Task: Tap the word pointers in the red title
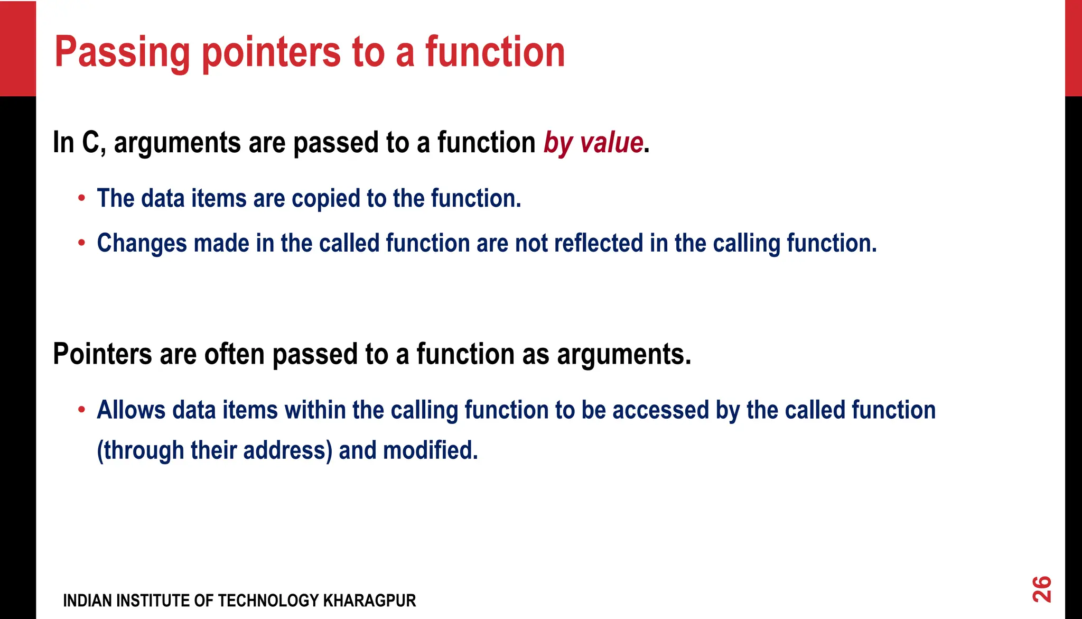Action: point(271,53)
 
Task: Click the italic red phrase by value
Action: point(593,143)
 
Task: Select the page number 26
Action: point(1042,589)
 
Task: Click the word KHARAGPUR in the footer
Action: point(369,601)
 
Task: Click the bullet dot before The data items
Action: point(81,199)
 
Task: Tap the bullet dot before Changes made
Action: point(81,243)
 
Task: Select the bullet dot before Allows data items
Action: point(81,410)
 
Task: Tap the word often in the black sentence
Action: point(234,354)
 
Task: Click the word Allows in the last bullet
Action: point(131,410)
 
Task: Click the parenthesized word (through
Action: point(140,450)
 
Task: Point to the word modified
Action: point(430,450)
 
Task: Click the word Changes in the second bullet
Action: point(142,243)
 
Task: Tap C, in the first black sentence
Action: point(94,143)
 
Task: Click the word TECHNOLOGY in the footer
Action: point(267,601)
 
